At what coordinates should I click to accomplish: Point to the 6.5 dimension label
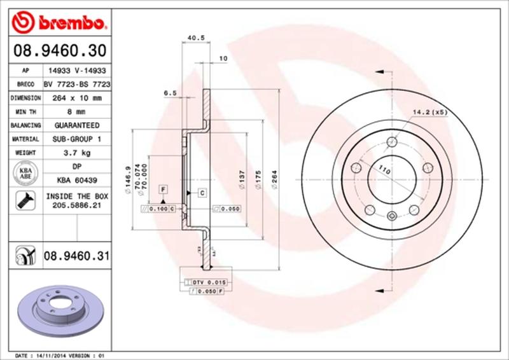[x=170, y=93]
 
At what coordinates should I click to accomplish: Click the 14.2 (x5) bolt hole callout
[x=431, y=113]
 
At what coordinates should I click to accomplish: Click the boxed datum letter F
[x=164, y=190]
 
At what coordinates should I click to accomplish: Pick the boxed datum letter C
[x=201, y=192]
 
